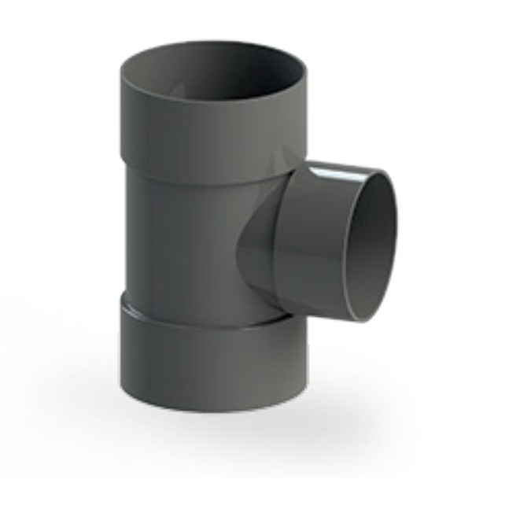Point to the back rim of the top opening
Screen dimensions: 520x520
pos(212,46)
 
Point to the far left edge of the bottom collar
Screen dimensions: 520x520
pos(121,346)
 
